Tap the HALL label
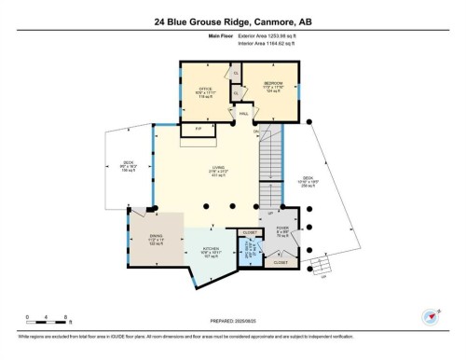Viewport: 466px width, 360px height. (x=244, y=115)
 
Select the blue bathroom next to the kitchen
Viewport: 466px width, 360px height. (x=249, y=250)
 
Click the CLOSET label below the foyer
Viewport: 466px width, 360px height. (x=281, y=264)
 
